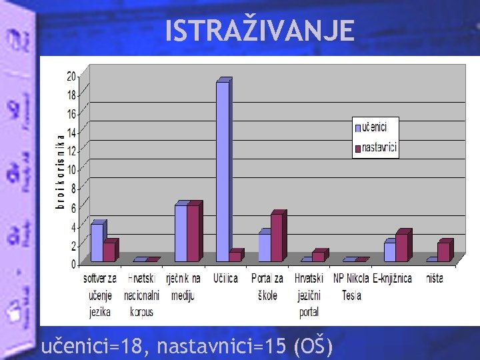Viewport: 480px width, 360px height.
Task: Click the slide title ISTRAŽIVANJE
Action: coord(260,31)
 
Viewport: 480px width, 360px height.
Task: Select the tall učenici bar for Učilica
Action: coord(223,171)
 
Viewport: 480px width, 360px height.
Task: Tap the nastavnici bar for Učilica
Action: coord(235,256)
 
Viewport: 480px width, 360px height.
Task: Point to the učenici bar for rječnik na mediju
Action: coord(181,233)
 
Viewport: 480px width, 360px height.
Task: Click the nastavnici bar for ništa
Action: coord(443,251)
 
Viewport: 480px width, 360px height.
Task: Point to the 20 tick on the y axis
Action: coord(71,76)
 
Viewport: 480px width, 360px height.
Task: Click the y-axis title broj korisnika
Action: coord(59,171)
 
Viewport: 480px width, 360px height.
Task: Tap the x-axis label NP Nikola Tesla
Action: coord(351,286)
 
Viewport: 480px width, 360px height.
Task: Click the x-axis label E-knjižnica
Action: coord(393,278)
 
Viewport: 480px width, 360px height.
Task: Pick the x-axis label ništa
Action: coord(435,278)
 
